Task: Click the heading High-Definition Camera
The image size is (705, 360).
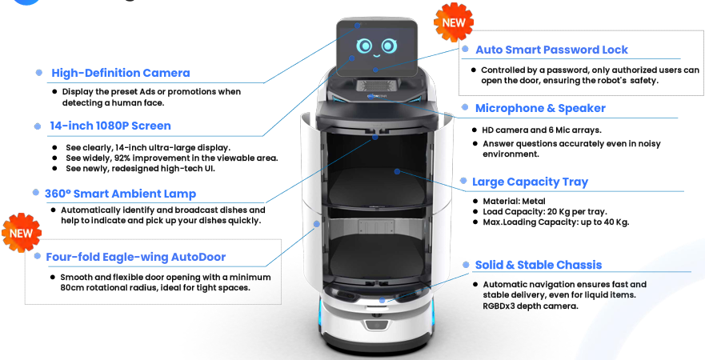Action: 121,73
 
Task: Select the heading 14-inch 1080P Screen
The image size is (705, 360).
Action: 110,126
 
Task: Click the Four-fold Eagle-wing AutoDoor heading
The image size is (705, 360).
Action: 135,257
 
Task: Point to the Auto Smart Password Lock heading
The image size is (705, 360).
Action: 552,50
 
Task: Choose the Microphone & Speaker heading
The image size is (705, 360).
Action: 540,108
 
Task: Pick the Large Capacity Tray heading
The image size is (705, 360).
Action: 530,182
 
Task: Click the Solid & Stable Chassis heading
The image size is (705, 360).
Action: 538,265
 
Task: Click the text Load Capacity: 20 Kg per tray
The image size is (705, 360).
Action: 544,211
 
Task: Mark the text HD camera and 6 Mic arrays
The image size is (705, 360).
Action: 542,130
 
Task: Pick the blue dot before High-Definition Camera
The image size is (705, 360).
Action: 39,72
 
